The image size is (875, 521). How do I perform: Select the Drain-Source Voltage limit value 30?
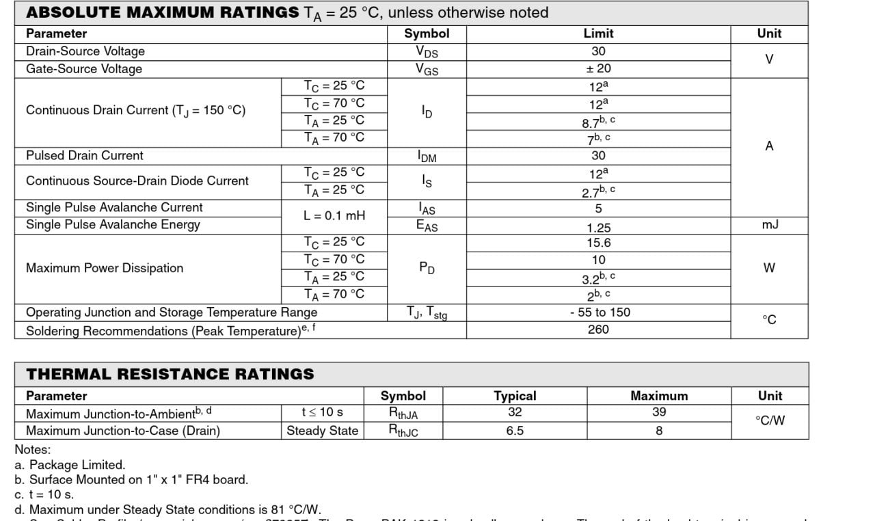(x=598, y=51)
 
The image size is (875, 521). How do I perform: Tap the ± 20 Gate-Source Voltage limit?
(x=598, y=68)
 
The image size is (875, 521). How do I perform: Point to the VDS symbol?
(x=427, y=51)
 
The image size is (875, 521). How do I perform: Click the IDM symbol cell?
(x=427, y=156)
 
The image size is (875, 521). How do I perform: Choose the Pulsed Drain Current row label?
(x=84, y=155)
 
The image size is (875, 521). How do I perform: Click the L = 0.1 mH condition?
(x=334, y=216)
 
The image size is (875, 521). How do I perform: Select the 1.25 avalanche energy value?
(x=598, y=228)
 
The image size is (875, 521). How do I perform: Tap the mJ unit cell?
(x=769, y=225)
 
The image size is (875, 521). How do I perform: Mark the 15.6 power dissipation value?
(x=598, y=243)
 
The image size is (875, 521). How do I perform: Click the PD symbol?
(x=427, y=268)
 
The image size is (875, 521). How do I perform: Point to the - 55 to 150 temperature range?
(x=600, y=312)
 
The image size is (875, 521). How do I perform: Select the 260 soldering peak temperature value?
(x=598, y=330)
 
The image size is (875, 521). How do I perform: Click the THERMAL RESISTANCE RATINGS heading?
(x=170, y=374)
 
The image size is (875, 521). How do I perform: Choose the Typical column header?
(x=515, y=396)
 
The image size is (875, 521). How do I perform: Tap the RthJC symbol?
(x=403, y=431)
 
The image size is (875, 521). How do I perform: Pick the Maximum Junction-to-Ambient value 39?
(x=659, y=412)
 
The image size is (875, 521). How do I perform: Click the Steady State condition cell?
(x=322, y=431)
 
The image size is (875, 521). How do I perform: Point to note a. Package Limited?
(x=70, y=465)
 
